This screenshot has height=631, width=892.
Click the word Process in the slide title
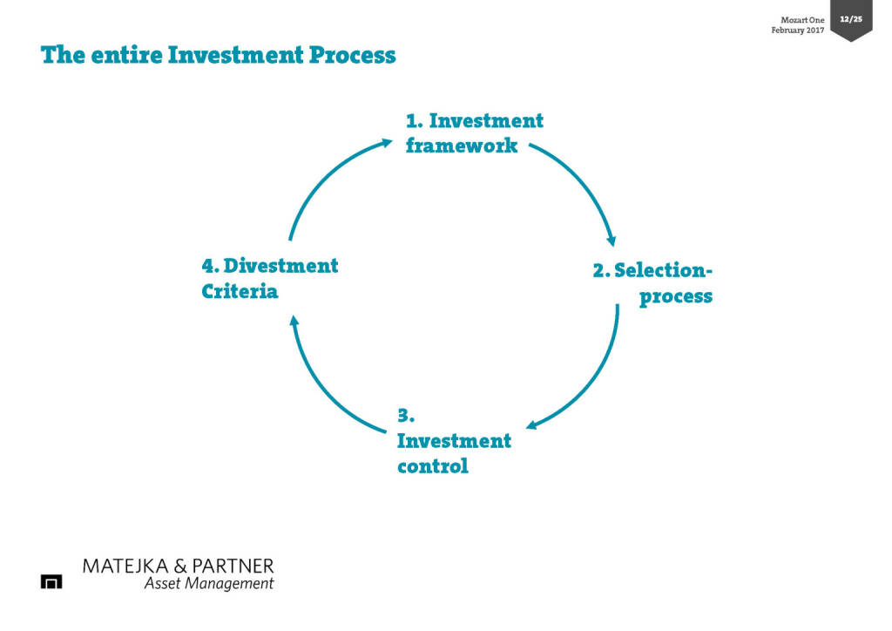(353, 56)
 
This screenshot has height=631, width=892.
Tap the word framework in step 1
(462, 146)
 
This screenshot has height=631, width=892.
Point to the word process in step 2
(676, 296)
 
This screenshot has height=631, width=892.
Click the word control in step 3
(433, 466)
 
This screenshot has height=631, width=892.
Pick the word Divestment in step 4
(281, 265)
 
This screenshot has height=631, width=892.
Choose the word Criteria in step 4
(240, 291)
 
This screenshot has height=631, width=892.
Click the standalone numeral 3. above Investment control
(405, 415)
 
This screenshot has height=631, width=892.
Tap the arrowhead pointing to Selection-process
(612, 241)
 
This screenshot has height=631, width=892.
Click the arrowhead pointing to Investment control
(532, 425)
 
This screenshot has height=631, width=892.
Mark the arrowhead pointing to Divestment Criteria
(294, 322)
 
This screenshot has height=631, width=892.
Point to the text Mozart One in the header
(802, 20)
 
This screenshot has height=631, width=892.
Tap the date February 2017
(797, 31)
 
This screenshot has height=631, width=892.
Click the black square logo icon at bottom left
(51, 581)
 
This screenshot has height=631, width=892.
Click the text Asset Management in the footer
(208, 584)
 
